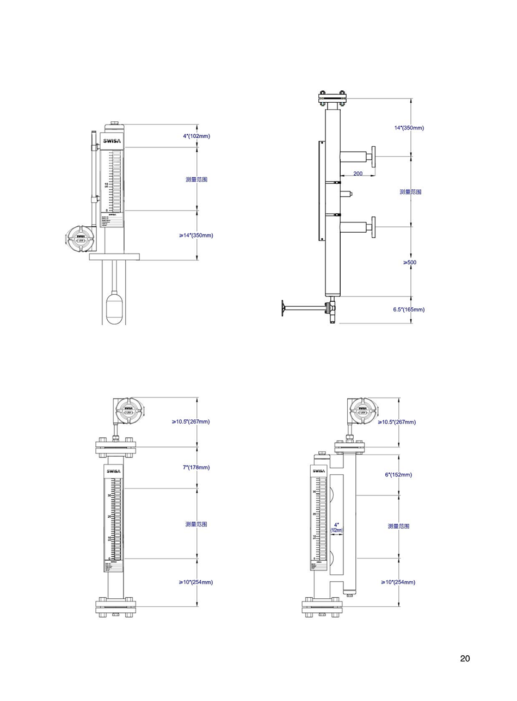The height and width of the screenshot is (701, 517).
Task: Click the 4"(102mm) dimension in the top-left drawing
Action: click(x=196, y=136)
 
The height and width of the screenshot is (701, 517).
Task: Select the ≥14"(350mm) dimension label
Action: click(x=196, y=235)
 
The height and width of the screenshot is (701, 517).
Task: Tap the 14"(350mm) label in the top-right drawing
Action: click(x=409, y=128)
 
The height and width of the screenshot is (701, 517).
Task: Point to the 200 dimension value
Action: click(x=358, y=173)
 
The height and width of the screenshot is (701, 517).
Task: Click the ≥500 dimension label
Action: click(x=410, y=262)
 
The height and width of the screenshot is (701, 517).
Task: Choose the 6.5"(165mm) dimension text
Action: click(x=409, y=309)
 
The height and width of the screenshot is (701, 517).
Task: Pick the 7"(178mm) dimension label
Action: click(x=196, y=467)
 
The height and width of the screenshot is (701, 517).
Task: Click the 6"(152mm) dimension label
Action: click(x=398, y=475)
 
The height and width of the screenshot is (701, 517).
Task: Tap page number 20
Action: click(x=465, y=659)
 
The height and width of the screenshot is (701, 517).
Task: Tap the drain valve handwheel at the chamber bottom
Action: click(x=284, y=308)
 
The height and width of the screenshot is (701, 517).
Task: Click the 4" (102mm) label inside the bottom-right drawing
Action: click(x=336, y=528)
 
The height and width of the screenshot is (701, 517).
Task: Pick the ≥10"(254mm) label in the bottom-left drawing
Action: click(x=196, y=582)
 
